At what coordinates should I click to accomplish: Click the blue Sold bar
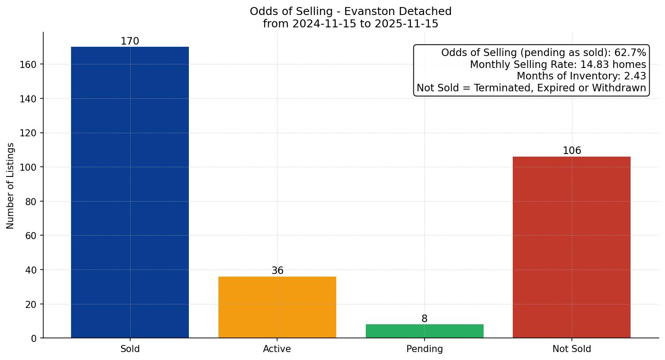pos(130,192)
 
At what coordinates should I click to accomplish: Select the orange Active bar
pos(277,307)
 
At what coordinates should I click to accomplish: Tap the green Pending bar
pos(425,331)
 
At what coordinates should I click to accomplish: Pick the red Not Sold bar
pos(571,247)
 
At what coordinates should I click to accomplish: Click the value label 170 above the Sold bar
pos(130,41)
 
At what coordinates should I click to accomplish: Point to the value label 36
pos(277,271)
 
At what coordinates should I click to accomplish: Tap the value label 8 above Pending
pos(425,319)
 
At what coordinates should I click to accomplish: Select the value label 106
pos(571,151)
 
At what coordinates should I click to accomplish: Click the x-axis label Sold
pos(130,349)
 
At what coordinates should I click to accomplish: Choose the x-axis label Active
pos(277,349)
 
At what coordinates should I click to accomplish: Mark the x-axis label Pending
pos(425,349)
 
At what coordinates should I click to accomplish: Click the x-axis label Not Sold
pos(571,349)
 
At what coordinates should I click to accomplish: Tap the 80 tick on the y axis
pos(32,202)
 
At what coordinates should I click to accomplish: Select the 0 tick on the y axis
pos(34,338)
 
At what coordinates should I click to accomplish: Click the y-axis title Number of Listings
pos(10,185)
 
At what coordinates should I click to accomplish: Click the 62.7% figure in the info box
pos(630,53)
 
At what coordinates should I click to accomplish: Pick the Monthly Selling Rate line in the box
pos(558,65)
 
